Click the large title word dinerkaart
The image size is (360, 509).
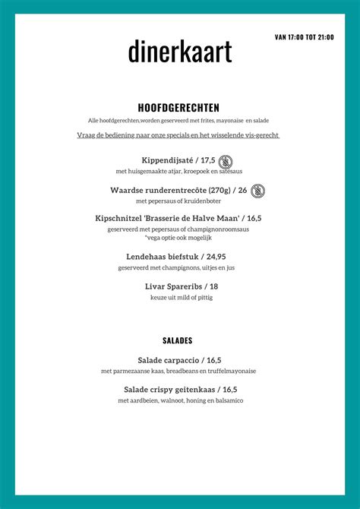179,52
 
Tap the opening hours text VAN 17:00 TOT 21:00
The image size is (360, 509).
304,36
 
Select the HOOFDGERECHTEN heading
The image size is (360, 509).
178,108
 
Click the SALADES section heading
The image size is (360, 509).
178,340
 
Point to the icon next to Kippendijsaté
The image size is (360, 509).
226,161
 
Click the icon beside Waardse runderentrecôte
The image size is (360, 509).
258,191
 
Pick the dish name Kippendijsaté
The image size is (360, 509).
168,160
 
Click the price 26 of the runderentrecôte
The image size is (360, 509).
242,191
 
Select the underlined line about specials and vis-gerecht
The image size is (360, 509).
178,135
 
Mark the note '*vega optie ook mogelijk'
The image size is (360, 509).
178,238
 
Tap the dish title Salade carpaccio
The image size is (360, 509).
168,360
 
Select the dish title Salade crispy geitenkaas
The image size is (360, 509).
168,390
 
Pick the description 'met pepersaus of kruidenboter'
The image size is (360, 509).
178,201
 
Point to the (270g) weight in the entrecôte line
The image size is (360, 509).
217,191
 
